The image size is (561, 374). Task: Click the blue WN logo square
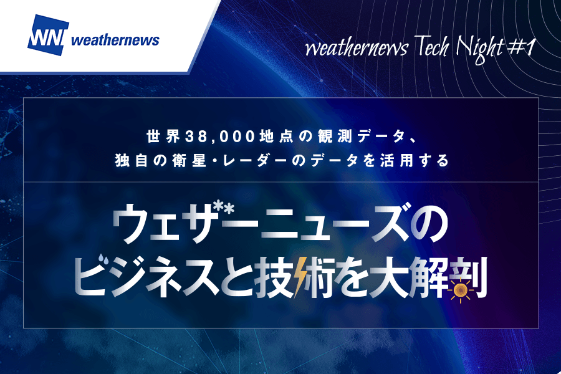coord(48,35)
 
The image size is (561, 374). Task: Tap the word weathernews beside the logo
coord(115,40)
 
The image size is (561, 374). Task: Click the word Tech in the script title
coord(432,47)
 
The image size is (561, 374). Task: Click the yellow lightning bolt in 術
coord(300,277)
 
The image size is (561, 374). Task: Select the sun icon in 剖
coord(461,289)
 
